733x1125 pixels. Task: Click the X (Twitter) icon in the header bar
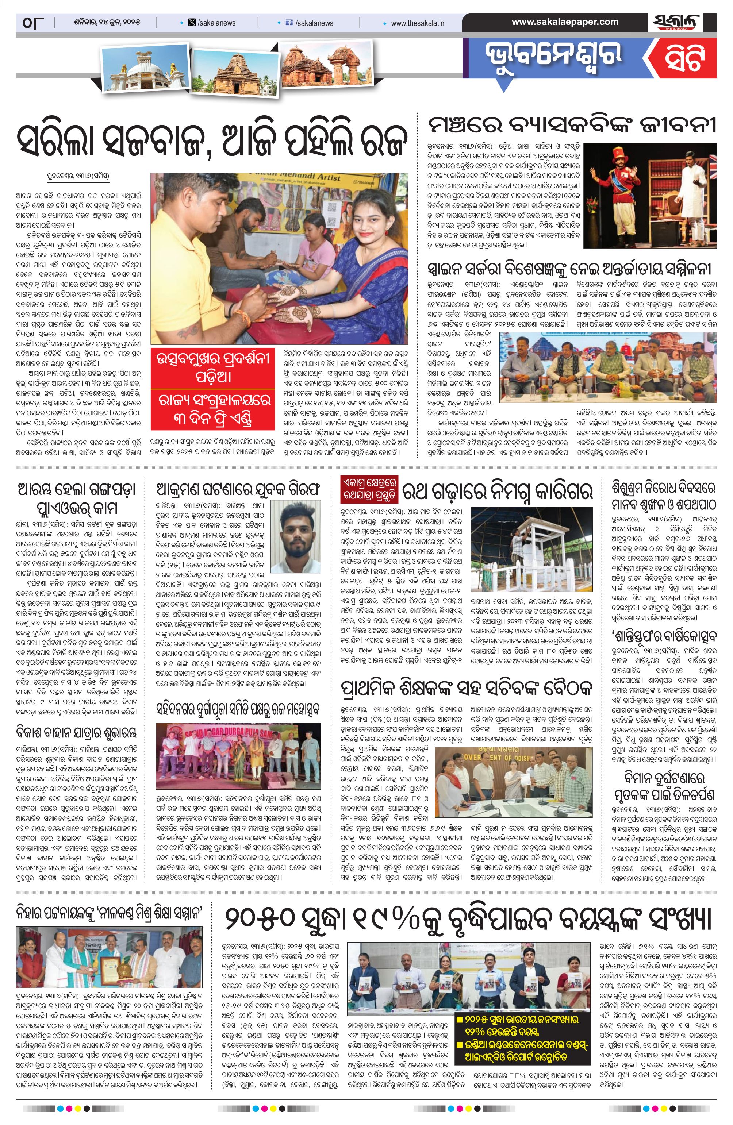coord(192,23)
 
